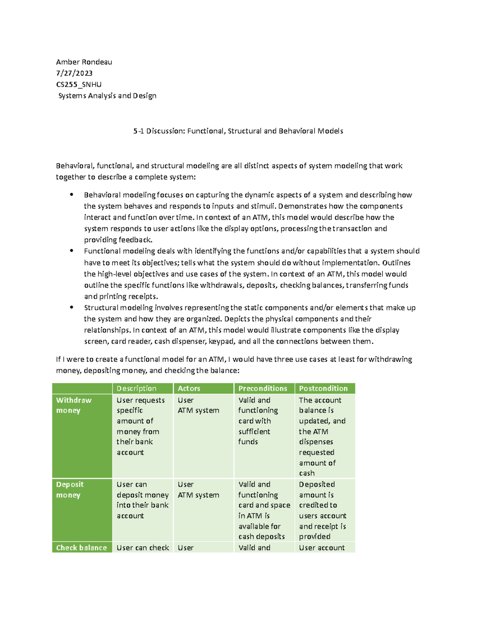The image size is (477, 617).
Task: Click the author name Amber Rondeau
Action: pos(84,62)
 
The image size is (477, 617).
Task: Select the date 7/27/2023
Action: pos(74,73)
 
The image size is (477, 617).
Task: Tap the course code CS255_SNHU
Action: pos(79,84)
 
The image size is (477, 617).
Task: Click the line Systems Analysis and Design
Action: pos(107,96)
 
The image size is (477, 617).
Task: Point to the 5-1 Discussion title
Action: pos(238,131)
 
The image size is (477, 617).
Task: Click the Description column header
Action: pos(136,389)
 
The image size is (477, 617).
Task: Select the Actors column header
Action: pos(189,389)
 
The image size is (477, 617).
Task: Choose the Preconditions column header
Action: pos(262,389)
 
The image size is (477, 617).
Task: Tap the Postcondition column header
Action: pos(323,389)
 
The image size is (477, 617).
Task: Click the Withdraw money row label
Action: pos(74,405)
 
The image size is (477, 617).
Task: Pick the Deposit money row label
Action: pos(70,489)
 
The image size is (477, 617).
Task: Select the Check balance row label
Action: pos(81,547)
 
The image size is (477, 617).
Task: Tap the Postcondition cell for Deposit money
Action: pos(322,510)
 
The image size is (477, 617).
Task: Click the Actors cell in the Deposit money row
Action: pos(198,489)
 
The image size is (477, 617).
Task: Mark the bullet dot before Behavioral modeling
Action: pos(72,195)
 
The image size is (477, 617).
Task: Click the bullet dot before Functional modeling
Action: pos(72,251)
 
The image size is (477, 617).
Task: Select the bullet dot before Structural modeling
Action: pos(72,307)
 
